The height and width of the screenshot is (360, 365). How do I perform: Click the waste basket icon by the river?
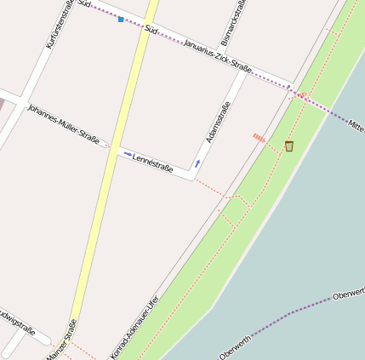(x=288, y=146)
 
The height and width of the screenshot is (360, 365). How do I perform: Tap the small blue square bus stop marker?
(x=121, y=19)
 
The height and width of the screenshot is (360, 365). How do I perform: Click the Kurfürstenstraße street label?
(x=58, y=24)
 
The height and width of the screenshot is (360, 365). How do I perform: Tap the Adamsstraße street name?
(x=218, y=122)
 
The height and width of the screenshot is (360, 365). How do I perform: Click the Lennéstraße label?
(x=153, y=162)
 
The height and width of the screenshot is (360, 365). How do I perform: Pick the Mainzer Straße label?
(x=62, y=340)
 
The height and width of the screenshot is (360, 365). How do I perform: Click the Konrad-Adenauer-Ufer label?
(x=135, y=327)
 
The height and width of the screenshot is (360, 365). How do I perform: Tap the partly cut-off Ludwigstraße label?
(x=15, y=322)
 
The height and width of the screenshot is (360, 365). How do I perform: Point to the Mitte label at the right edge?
(x=356, y=125)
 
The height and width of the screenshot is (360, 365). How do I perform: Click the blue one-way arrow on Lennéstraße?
(x=128, y=154)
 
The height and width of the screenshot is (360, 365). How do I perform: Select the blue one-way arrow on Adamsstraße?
(x=197, y=163)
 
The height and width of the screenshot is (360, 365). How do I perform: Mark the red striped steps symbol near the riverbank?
(x=259, y=137)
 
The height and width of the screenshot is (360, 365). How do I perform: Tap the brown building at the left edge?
(x=2, y=102)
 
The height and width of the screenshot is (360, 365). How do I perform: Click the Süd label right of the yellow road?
(x=151, y=30)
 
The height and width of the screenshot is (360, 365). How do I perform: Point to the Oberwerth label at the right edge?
(x=349, y=294)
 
